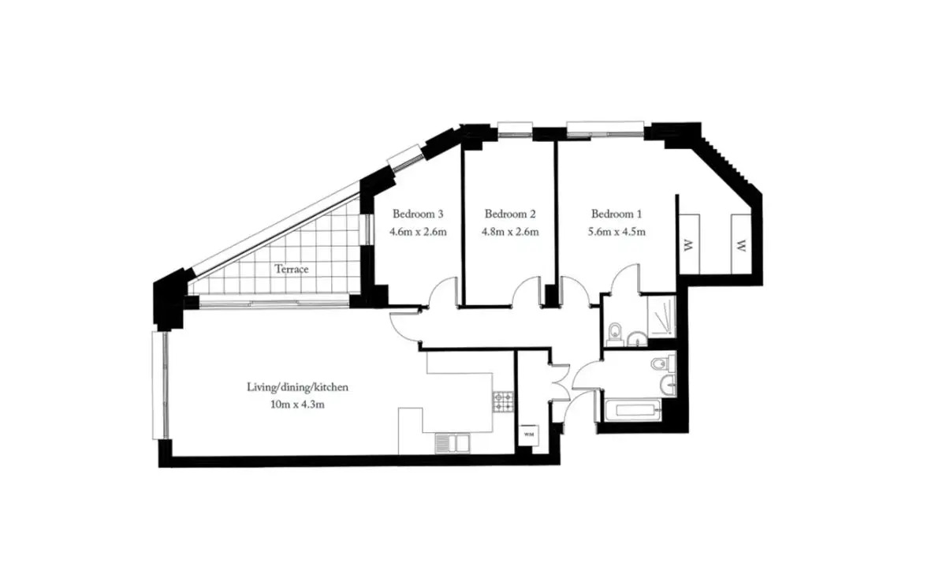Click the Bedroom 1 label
616,214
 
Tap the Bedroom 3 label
418,214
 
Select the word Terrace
292,269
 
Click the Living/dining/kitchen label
298,387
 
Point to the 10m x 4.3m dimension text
297,405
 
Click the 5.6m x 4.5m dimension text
616,232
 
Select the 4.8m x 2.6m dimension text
510,232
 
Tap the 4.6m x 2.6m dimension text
418,232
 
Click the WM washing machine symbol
529,434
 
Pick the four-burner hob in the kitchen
503,402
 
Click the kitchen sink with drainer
452,444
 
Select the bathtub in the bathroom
632,410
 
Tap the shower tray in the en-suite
661,316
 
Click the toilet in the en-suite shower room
615,334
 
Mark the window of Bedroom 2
515,129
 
